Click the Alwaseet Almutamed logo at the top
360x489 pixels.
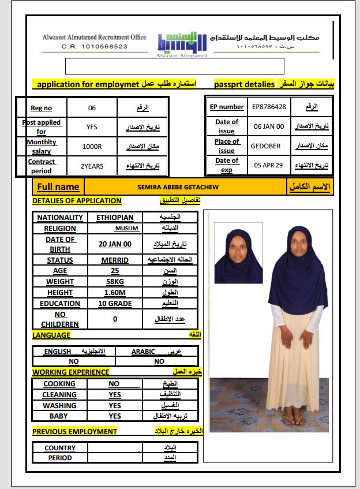pos(181,42)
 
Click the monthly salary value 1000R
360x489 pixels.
pos(92,147)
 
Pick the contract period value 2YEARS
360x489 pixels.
pos(92,166)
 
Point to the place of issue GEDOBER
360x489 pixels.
pos(265,146)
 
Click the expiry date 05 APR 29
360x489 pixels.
pos(269,165)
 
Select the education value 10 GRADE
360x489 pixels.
pos(115,304)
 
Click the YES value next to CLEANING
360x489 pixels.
pos(115,395)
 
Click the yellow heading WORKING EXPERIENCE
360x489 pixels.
pos(70,372)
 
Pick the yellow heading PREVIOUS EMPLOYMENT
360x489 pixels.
pos(74,431)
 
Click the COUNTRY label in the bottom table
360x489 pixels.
pos(60,448)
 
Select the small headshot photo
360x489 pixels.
pos(239,253)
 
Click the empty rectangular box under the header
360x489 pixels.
pos(175,66)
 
